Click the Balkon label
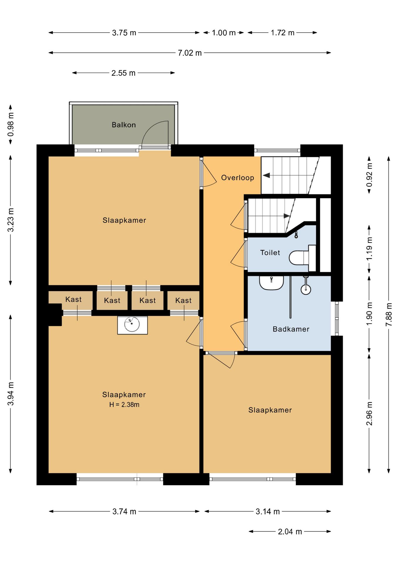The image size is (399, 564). tap(124, 125)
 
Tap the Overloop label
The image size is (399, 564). tap(237, 178)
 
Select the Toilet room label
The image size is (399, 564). tap(270, 253)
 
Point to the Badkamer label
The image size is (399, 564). tap(291, 329)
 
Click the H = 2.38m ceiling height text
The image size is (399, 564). tap(124, 404)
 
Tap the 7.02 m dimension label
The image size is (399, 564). tap(190, 53)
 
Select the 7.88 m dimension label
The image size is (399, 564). tap(389, 314)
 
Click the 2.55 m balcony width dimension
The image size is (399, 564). tap(123, 73)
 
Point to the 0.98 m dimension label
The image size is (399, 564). tap(11, 125)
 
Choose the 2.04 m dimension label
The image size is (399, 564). tap(290, 532)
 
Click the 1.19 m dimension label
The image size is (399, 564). tap(369, 249)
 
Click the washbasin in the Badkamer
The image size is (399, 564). tap(271, 283)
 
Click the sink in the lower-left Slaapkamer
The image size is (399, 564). tap(132, 325)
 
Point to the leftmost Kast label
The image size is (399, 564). tap(73, 299)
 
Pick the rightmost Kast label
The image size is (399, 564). tap(183, 301)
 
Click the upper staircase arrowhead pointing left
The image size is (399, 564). tap(266, 175)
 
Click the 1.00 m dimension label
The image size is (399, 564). tap(224, 33)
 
